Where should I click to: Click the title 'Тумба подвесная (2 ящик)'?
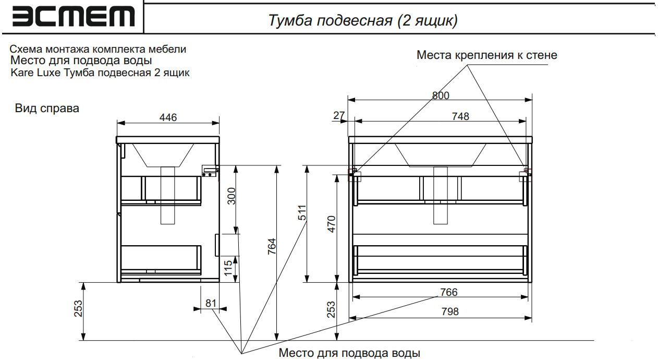pyautogui.click(x=362, y=20)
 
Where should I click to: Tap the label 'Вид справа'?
pyautogui.click(x=47, y=109)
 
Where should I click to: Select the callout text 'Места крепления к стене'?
pyautogui.click(x=486, y=55)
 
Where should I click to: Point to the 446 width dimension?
pyautogui.click(x=168, y=117)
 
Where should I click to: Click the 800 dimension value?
pyautogui.click(x=441, y=95)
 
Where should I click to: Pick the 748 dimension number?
pyautogui.click(x=460, y=116)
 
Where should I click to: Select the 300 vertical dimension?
pyautogui.click(x=231, y=196)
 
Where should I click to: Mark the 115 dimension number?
pyautogui.click(x=228, y=268)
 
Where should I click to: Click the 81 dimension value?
pyautogui.click(x=210, y=303)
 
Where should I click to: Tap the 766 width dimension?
pyautogui.click(x=448, y=292)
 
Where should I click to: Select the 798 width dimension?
pyautogui.click(x=449, y=311)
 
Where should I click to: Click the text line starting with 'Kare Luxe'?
pyautogui.click(x=100, y=73)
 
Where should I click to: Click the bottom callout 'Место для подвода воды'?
pyautogui.click(x=349, y=353)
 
